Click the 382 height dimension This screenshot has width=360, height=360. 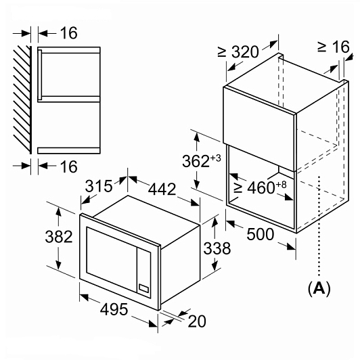pos(59,237)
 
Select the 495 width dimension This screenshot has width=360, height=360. pos(114,309)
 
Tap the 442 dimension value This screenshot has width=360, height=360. pos(162,189)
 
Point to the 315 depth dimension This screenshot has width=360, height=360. pos(99,185)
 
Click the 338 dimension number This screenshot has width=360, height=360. pos(217,248)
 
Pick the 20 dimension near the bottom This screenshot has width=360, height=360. pos(197,321)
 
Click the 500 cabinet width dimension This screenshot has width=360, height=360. pos(261,234)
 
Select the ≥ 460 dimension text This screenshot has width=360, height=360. pos(254,188)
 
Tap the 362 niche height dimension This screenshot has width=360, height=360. pos(196,161)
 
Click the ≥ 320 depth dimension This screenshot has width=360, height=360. pos(238,52)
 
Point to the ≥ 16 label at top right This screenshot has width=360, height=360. pos(334,47)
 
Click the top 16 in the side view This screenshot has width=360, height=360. pos(69,33)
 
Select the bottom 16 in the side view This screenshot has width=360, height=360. pos(69,166)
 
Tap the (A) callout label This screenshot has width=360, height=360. pos(319,288)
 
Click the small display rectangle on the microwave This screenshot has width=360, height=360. pos(143,288)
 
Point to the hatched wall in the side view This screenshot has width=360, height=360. pos(22,100)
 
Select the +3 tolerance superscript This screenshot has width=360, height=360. pos(215,158)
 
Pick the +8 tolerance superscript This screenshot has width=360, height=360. pos(281,185)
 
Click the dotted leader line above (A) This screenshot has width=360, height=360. pos(319,226)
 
